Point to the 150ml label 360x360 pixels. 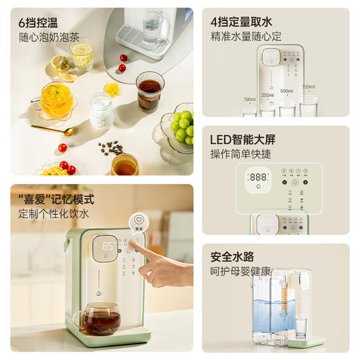(249, 99)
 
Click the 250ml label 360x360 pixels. (267, 95)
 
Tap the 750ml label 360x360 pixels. (308, 87)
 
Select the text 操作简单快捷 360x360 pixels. (241, 154)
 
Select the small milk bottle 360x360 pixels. (101, 111)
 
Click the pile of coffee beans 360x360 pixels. (111, 147)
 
